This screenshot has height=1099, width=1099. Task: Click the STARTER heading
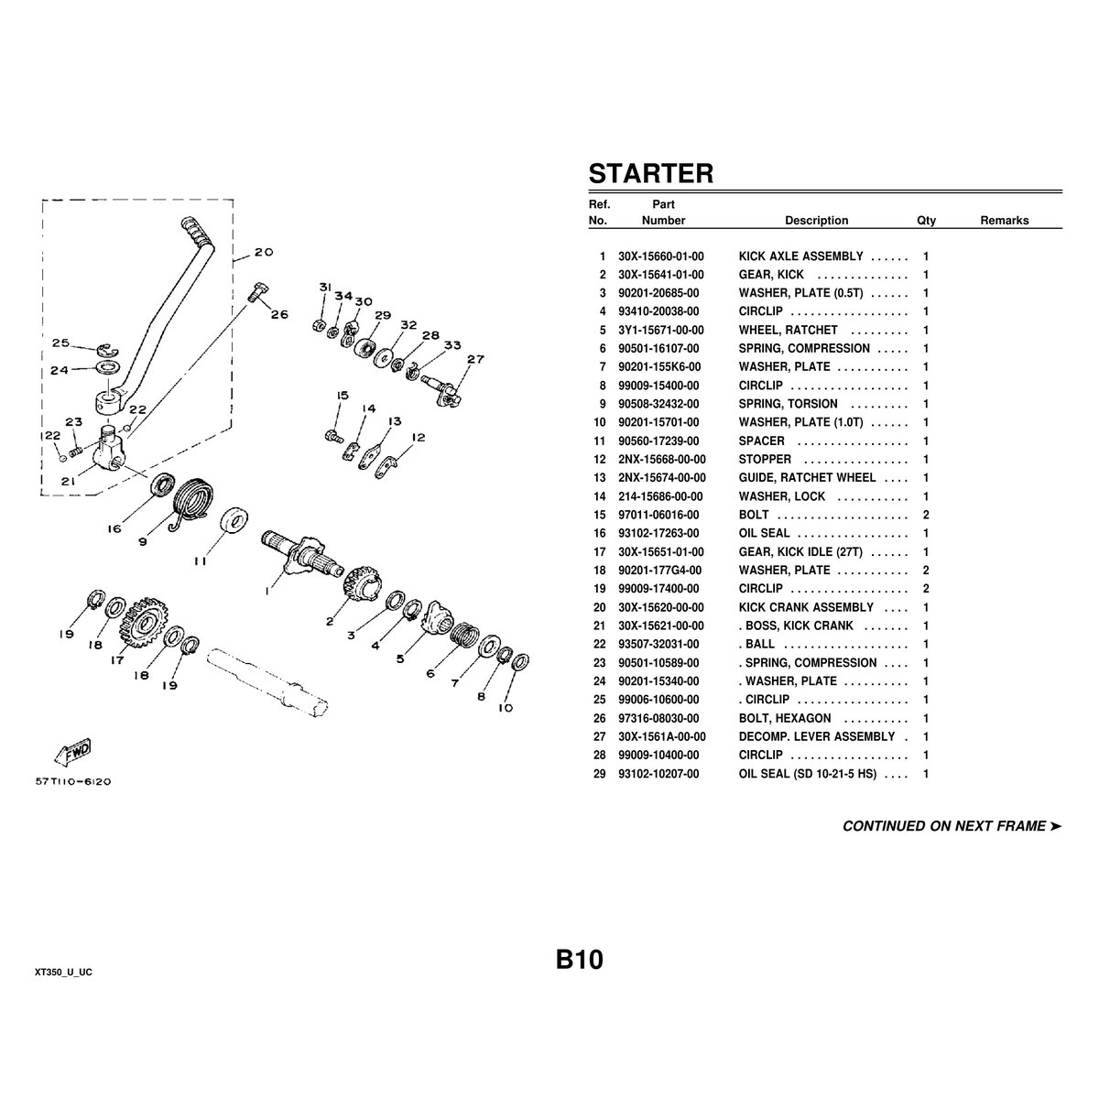650,173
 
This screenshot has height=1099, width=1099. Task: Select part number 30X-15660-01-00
661,256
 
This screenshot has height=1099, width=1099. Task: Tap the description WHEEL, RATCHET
788,330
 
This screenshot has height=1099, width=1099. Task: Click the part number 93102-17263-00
658,533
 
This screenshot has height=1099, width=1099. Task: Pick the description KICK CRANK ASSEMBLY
806,607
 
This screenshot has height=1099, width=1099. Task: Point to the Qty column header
926,221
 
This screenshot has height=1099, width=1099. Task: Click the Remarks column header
1004,221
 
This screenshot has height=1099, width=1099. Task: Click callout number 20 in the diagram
263,252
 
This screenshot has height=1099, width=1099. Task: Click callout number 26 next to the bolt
279,314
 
